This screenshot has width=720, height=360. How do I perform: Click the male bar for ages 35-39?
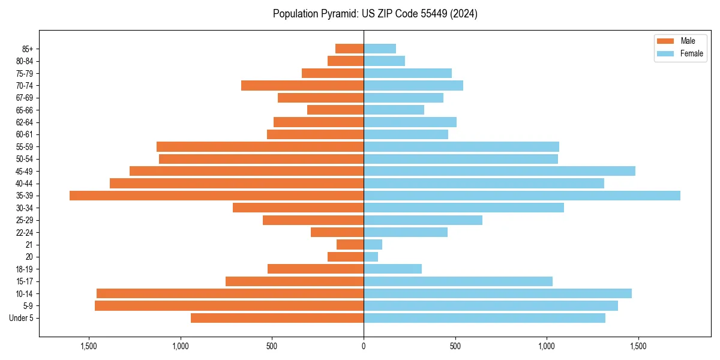click(x=217, y=196)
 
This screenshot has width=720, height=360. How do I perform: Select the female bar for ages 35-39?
click(x=522, y=196)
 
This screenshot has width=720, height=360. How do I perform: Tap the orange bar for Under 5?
click(x=277, y=318)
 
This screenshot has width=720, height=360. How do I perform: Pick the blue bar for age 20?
click(x=371, y=257)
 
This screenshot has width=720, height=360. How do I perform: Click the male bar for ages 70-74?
click(x=302, y=86)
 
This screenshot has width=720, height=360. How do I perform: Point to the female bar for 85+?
click(x=380, y=49)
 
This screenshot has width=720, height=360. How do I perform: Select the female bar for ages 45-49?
click(x=499, y=171)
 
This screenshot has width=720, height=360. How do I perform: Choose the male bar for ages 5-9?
click(x=229, y=306)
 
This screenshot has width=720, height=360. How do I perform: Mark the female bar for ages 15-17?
click(x=458, y=281)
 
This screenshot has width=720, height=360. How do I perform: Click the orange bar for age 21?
click(x=350, y=245)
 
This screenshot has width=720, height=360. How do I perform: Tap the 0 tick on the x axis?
click(x=364, y=347)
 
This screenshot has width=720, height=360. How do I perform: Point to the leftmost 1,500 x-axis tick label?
click(x=89, y=347)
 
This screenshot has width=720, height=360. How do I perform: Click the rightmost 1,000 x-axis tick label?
click(x=547, y=347)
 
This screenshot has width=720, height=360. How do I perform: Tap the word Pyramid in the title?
click(x=339, y=14)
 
